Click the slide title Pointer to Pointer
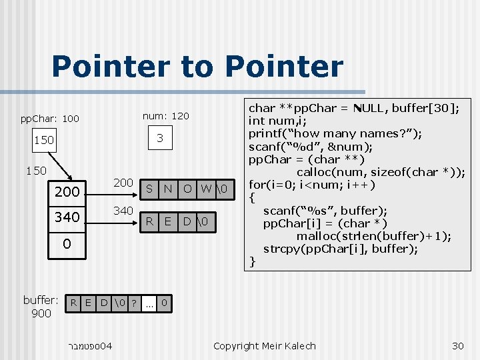[x=197, y=67]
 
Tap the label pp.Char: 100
[x=49, y=119]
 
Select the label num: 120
[x=166, y=116]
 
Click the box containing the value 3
[x=160, y=138]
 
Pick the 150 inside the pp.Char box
[x=44, y=141]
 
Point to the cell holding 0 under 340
[x=67, y=244]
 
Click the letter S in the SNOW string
[x=149, y=189]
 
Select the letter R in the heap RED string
[x=149, y=221]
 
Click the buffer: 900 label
[x=41, y=306]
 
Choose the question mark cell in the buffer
[x=134, y=304]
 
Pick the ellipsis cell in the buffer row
[x=149, y=304]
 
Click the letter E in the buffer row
[x=88, y=304]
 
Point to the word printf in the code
[x=266, y=133]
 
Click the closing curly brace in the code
[x=252, y=261]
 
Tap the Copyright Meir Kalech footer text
[x=264, y=345]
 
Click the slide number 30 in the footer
[x=457, y=345]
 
